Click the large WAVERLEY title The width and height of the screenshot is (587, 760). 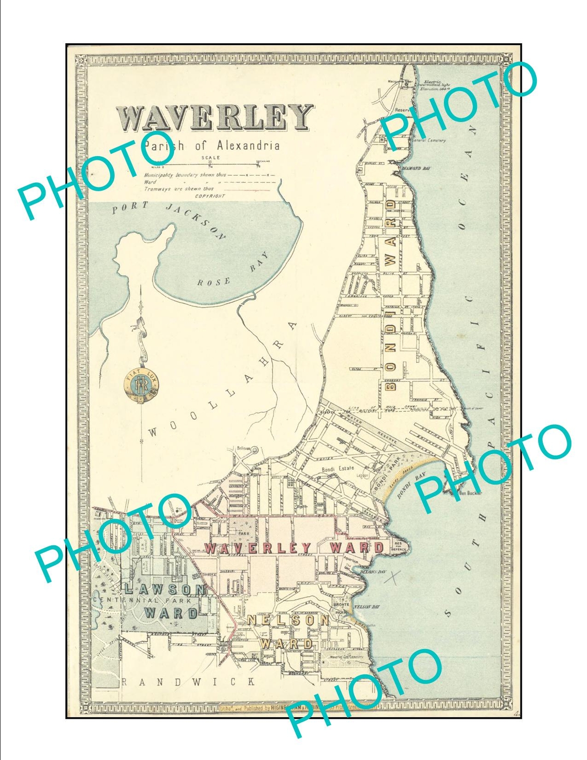point(214,117)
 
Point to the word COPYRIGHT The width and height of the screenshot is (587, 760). point(210,196)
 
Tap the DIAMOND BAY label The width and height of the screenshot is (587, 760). point(416,168)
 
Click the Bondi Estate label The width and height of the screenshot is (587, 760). point(338,468)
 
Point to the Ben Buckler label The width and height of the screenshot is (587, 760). point(470,493)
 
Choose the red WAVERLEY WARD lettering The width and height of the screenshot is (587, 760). point(294,548)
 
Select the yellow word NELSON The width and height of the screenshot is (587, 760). point(288,620)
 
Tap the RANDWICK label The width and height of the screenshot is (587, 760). point(189,682)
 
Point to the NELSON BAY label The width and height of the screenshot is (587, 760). point(367,607)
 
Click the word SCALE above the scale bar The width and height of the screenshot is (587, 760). point(210,158)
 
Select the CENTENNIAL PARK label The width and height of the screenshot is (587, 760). point(142,600)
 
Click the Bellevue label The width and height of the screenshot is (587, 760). point(243,448)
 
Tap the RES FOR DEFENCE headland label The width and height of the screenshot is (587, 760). point(398,546)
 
